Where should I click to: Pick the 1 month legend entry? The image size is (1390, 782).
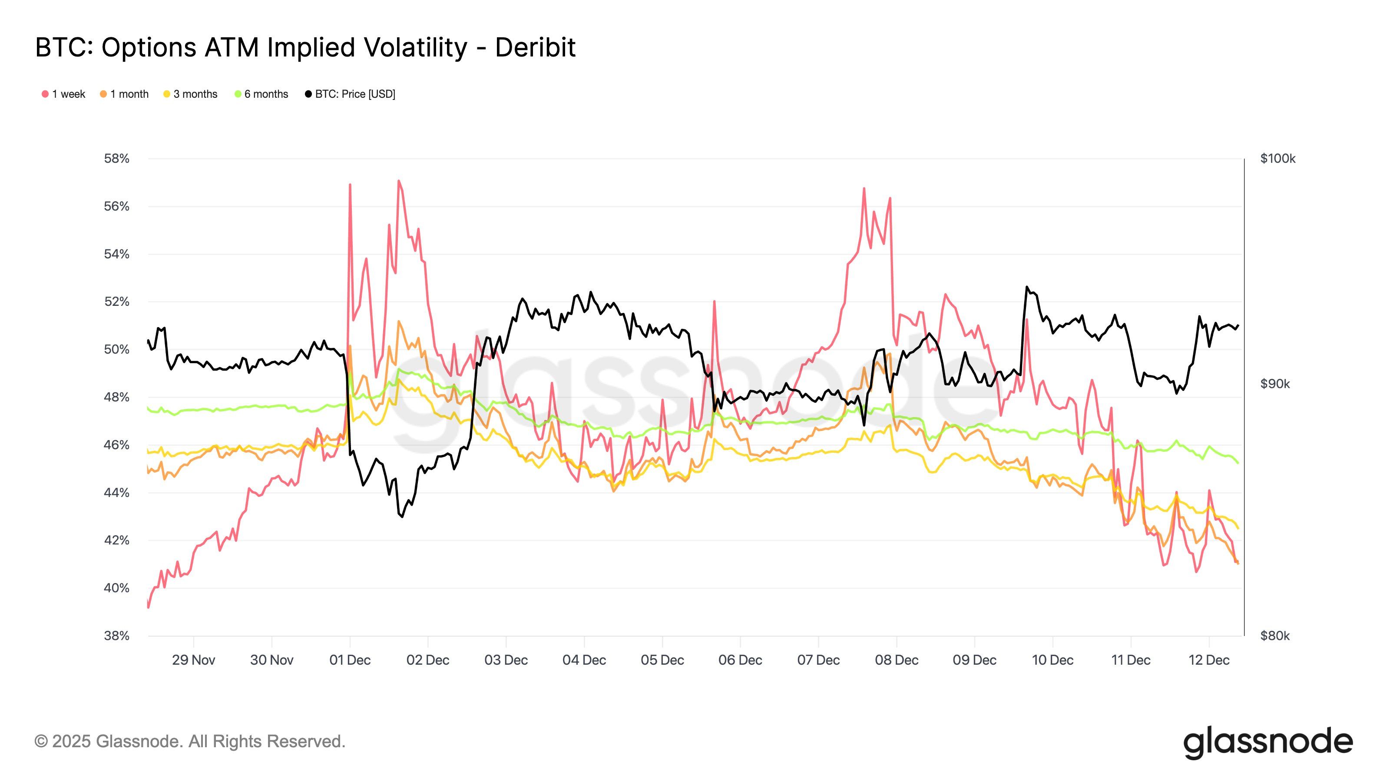click(124, 94)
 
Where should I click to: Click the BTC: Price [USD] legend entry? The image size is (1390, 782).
click(350, 94)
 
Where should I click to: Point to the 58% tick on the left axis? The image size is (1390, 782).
click(116, 159)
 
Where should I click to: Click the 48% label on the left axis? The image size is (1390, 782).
click(116, 397)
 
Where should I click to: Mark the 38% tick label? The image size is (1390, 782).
click(116, 636)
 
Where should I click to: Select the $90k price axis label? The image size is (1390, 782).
click(1275, 384)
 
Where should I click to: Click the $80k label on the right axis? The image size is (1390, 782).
click(1275, 636)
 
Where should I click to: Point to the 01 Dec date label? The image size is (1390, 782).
click(350, 660)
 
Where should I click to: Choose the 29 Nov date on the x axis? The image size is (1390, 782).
click(193, 660)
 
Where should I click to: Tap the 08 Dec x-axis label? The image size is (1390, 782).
click(896, 660)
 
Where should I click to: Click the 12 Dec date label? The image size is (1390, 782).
click(1209, 660)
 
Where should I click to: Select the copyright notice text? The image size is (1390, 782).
click(190, 742)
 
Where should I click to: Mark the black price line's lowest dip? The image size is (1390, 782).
click(402, 517)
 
